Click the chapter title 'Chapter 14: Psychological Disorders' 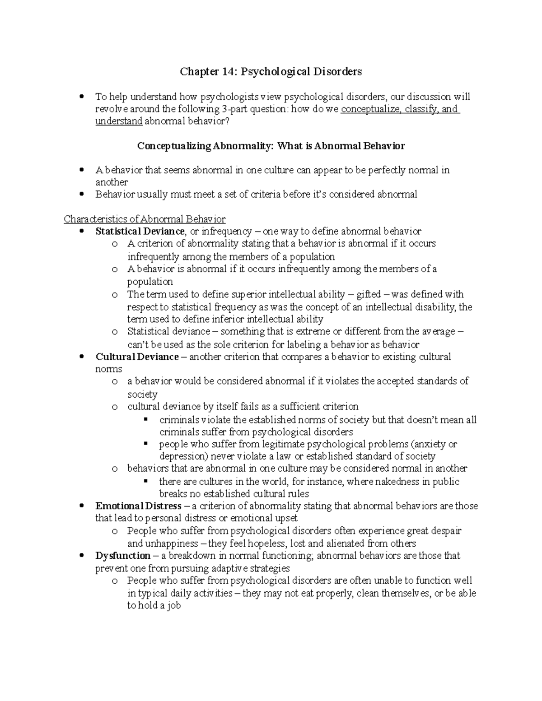point(271,71)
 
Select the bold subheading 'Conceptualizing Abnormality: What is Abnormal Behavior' point(271,146)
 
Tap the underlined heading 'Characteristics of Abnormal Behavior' point(145,219)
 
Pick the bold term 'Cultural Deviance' point(137,357)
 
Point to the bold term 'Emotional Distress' point(138,506)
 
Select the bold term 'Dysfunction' point(123,555)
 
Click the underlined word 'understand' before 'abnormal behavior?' point(119,121)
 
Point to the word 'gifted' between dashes point(369,294)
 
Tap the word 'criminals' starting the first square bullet point(177,420)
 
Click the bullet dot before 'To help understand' point(81,97)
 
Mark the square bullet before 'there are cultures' point(145,481)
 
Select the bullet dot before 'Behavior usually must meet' point(81,195)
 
